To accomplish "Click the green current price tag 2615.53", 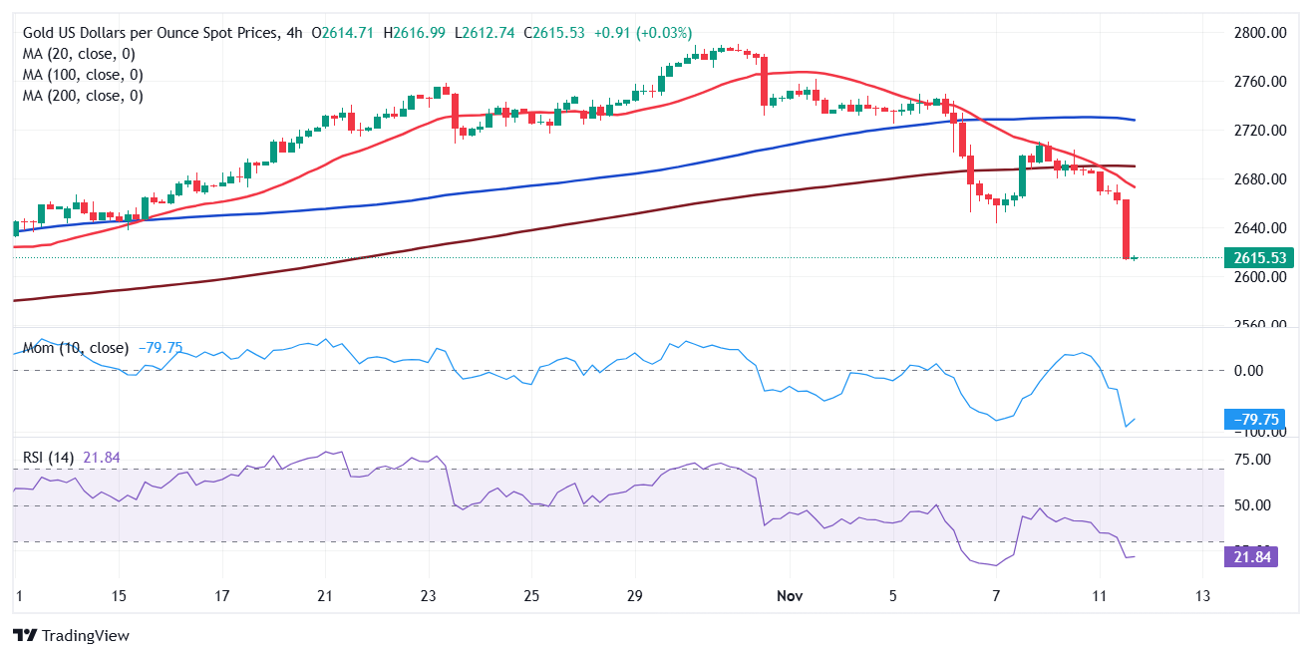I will tap(1262, 257).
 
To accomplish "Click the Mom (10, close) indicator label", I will tap(76, 348).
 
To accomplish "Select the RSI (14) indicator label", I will tap(50, 458).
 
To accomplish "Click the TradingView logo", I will tap(71, 635).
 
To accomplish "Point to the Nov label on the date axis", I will tap(789, 596).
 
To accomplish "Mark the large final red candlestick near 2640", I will tap(1126, 229).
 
